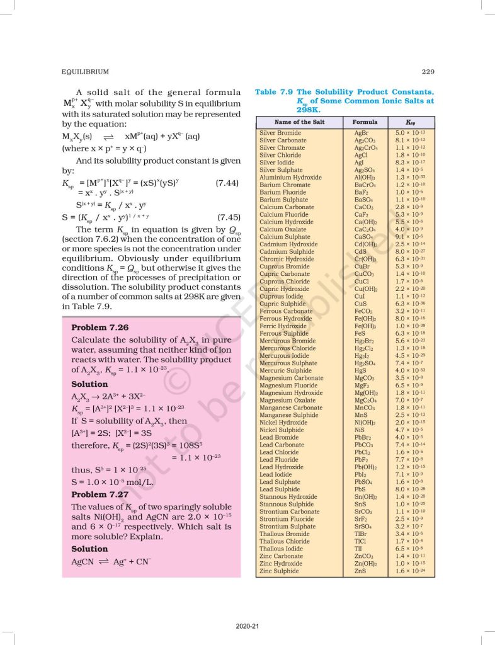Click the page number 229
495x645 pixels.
(x=428, y=72)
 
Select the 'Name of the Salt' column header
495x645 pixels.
(x=299, y=122)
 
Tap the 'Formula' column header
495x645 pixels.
(x=365, y=122)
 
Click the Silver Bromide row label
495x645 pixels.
(x=280, y=133)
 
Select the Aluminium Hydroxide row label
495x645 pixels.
(x=290, y=178)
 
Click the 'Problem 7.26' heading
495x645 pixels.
(x=100, y=328)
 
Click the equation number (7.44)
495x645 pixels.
(x=227, y=183)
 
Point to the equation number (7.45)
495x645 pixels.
(x=227, y=218)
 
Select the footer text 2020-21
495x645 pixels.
(x=247, y=625)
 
